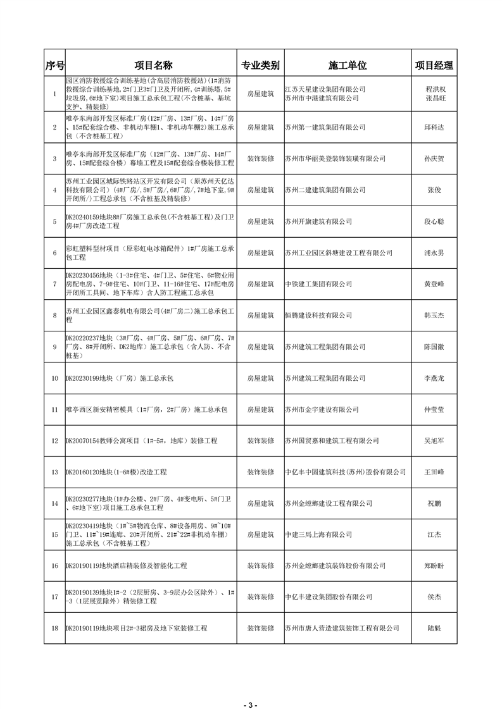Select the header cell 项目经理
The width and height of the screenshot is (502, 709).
[x=434, y=66]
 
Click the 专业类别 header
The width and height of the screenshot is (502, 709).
[x=260, y=66]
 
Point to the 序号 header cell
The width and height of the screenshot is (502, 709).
[x=54, y=66]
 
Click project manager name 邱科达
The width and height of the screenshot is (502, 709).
[x=434, y=127]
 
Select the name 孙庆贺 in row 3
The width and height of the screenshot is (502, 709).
[x=434, y=159]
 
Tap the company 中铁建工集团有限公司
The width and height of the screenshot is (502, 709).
[x=318, y=284]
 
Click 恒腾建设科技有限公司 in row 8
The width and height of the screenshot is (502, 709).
[x=318, y=315]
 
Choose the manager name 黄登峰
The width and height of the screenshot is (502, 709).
[x=434, y=284]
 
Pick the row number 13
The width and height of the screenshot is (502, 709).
[x=54, y=472]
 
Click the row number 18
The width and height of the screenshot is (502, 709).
[x=54, y=628]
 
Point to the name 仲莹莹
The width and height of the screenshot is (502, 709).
[x=434, y=409]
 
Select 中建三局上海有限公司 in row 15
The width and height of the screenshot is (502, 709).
[x=318, y=534]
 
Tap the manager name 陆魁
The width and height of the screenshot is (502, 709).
[x=434, y=628]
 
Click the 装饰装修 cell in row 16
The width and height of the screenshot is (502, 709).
[x=260, y=565]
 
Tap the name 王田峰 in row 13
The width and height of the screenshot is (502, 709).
[x=434, y=472]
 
